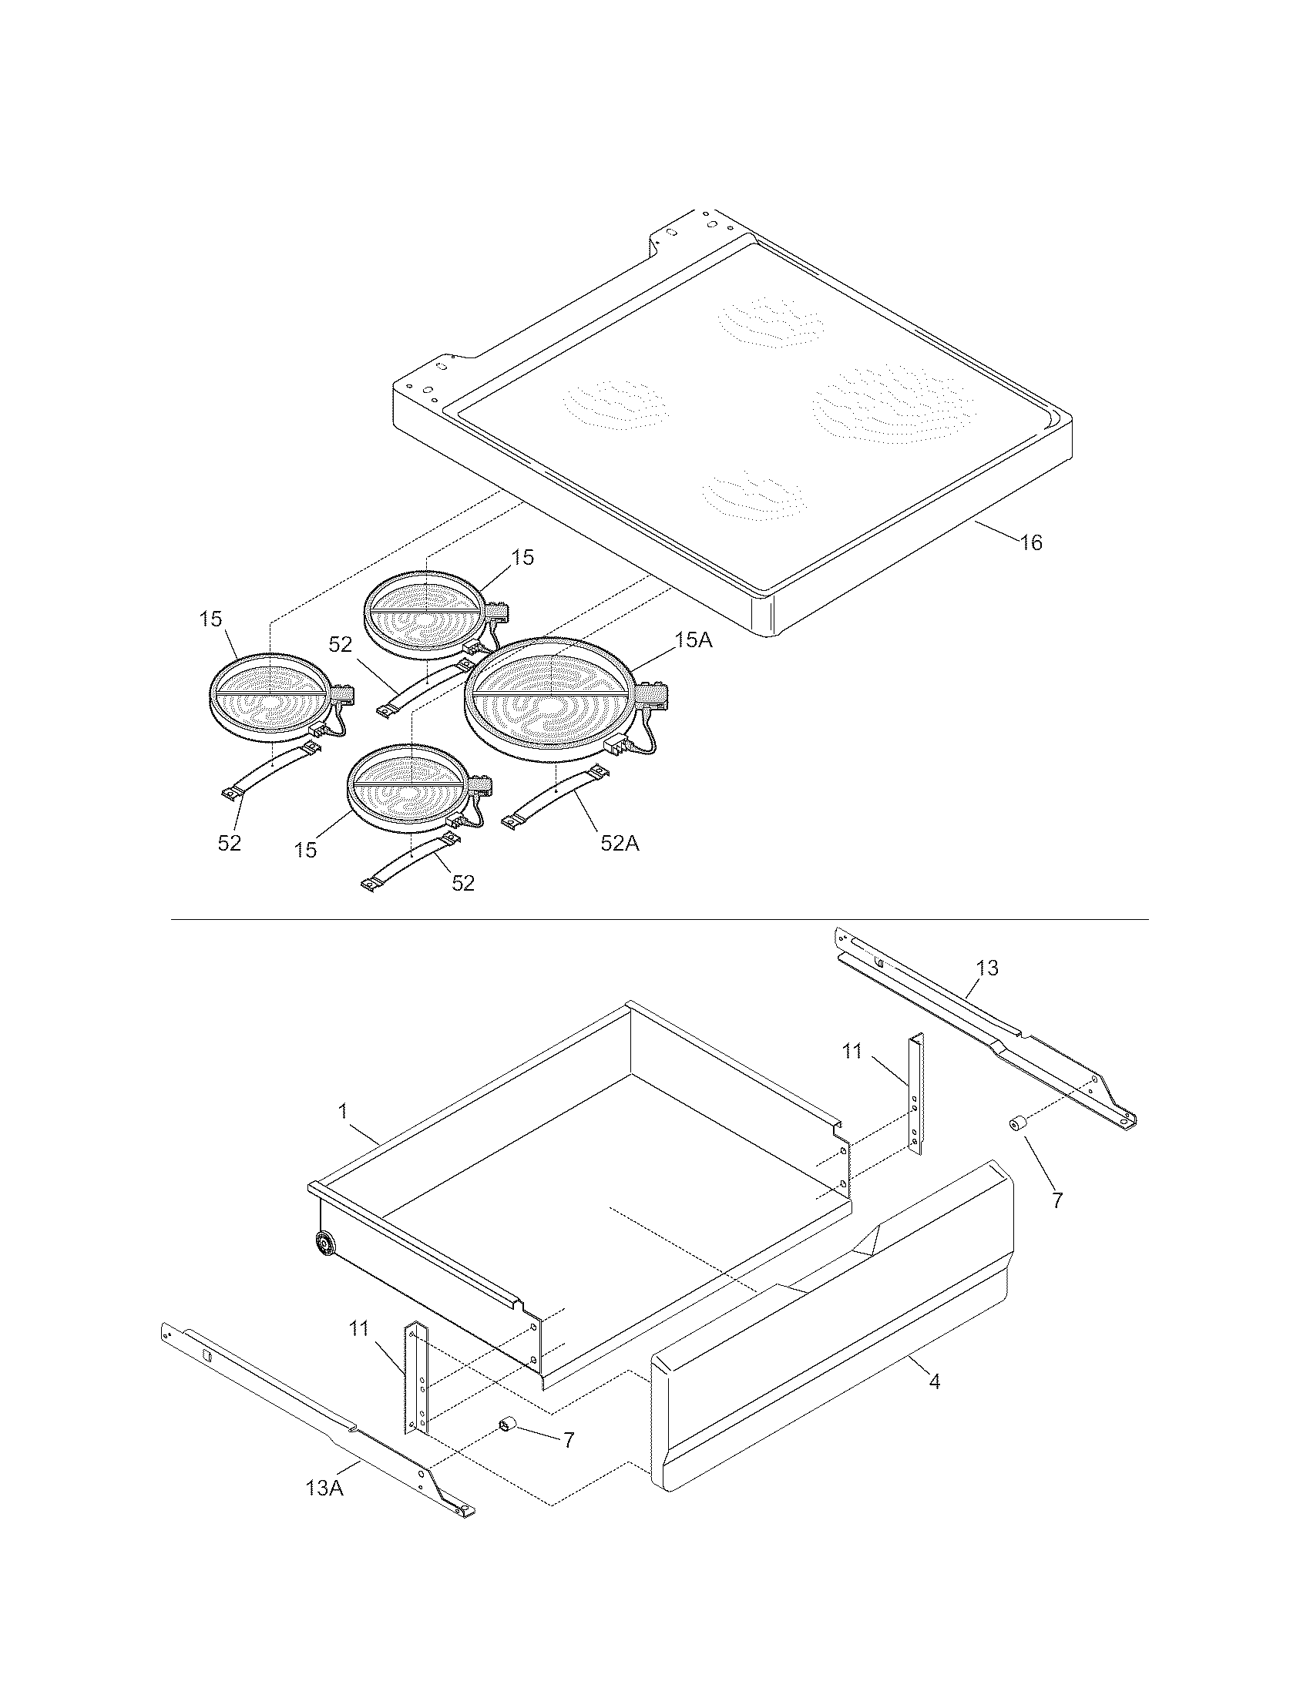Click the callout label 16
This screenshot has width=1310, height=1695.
1030,542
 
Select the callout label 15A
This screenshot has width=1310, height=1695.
693,640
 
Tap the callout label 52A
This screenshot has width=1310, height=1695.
620,843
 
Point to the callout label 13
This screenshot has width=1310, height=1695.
987,968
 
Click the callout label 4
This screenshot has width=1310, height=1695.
935,1381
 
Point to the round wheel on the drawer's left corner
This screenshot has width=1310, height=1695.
324,1244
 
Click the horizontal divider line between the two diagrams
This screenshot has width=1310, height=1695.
660,920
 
